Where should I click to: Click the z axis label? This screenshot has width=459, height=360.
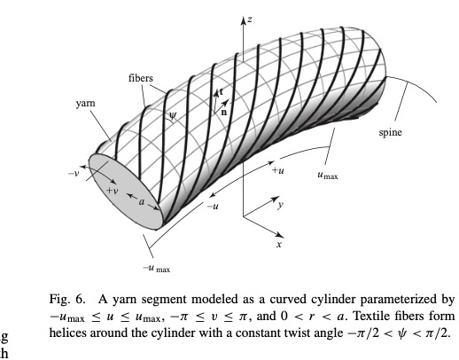pyautogui.click(x=250, y=20)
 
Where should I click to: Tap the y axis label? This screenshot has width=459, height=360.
pyautogui.click(x=281, y=205)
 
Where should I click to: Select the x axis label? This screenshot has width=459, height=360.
pyautogui.click(x=279, y=244)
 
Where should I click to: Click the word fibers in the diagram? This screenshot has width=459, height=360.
pyautogui.click(x=141, y=78)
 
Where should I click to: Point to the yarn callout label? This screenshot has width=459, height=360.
pyautogui.click(x=86, y=104)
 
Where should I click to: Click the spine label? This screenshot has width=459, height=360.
pyautogui.click(x=390, y=132)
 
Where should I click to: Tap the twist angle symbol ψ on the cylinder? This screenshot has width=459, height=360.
pyautogui.click(x=173, y=115)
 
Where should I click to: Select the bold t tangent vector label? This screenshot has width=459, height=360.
pyautogui.click(x=222, y=91)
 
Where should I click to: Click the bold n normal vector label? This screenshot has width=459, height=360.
pyautogui.click(x=224, y=113)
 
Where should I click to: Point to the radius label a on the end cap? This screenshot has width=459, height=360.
pyautogui.click(x=142, y=202)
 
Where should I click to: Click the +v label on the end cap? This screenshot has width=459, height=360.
pyautogui.click(x=112, y=191)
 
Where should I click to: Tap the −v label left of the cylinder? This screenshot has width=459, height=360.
pyautogui.click(x=74, y=173)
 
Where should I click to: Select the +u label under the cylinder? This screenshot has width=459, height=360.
pyautogui.click(x=277, y=170)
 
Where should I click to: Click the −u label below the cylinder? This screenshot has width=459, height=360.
pyautogui.click(x=213, y=206)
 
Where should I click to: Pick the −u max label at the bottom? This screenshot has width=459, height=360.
pyautogui.click(x=157, y=268)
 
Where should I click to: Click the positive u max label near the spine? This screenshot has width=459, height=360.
pyautogui.click(x=328, y=176)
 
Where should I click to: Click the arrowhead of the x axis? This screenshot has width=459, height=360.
pyautogui.click(x=280, y=235)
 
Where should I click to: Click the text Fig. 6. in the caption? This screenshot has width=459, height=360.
pyautogui.click(x=67, y=299)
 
